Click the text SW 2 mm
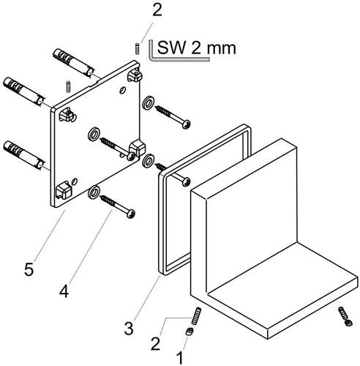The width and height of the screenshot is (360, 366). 197,48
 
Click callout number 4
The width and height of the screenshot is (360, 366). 64,291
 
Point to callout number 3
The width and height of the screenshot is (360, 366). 129,328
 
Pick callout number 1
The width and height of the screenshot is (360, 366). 179,358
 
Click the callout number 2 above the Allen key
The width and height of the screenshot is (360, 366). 157,10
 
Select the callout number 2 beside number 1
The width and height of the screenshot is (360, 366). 156,343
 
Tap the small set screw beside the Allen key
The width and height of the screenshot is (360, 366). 137,48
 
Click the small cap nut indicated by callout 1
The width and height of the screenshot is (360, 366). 190,332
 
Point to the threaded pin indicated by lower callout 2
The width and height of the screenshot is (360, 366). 196,315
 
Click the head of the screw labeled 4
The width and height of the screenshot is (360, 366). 131,214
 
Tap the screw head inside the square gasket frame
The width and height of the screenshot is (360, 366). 187,182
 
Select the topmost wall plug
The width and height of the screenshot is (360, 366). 73,62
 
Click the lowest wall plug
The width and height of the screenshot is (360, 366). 24,154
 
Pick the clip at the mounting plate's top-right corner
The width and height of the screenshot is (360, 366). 135,75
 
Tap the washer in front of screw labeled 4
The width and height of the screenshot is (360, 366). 94,193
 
